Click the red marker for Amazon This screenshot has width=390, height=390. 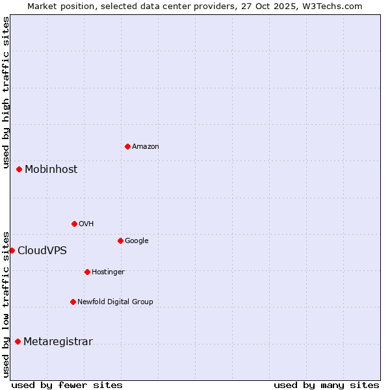pyautogui.click(x=127, y=146)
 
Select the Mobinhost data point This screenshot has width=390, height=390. pyautogui.click(x=19, y=169)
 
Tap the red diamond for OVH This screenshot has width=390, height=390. pyautogui.click(x=74, y=224)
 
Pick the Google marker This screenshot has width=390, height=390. pyautogui.click(x=120, y=240)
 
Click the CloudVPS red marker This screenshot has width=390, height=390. pyautogui.click(x=12, y=250)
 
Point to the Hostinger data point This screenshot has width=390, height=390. pyautogui.click(x=87, y=272)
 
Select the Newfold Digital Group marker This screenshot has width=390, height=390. pyautogui.click(x=73, y=302)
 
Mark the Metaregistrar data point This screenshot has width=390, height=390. pyautogui.click(x=18, y=341)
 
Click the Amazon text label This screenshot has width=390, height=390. pyautogui.click(x=145, y=147)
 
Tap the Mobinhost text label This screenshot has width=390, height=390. pyautogui.click(x=51, y=170)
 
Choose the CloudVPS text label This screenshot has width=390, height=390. pyautogui.click(x=42, y=251)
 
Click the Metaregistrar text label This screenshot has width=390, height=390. pyautogui.click(x=58, y=342)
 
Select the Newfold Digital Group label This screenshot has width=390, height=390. pyautogui.click(x=115, y=302)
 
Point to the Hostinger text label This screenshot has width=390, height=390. pyautogui.click(x=108, y=272)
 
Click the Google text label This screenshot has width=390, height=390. pyautogui.click(x=136, y=240)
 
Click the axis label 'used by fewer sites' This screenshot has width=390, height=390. pyautogui.click(x=67, y=385)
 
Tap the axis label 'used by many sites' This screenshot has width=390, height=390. pyautogui.click(x=326, y=385)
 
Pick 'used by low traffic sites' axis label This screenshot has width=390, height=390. pyautogui.click(x=6, y=304)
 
